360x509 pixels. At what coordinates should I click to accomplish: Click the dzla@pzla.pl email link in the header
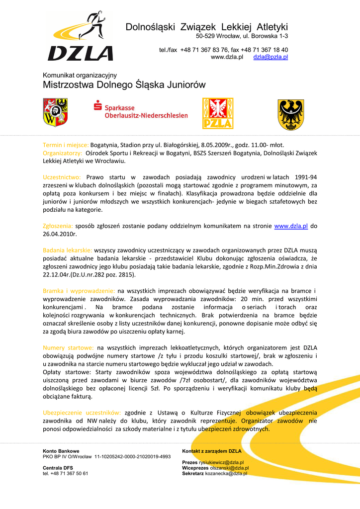pyautogui.click(x=270, y=57)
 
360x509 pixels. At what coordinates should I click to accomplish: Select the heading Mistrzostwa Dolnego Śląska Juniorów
pyautogui.click(x=124, y=85)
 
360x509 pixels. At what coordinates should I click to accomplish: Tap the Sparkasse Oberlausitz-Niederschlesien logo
pyautogui.click(x=141, y=110)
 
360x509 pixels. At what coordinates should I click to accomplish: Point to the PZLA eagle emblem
pyautogui.click(x=217, y=113)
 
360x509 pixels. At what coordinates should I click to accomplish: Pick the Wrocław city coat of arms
pyautogui.click(x=55, y=112)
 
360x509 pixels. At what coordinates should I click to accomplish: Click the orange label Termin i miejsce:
pyautogui.click(x=66, y=145)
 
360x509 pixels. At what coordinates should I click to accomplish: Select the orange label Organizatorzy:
pyautogui.click(x=63, y=153)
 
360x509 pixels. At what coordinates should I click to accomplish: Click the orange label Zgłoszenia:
pyautogui.click(x=58, y=226)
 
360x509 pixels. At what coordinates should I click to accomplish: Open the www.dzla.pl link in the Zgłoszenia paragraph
pyautogui.click(x=291, y=226)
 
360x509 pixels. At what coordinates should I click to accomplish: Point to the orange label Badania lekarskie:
pyautogui.click(x=67, y=251)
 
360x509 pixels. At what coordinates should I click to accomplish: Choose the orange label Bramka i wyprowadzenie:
pyautogui.click(x=79, y=291)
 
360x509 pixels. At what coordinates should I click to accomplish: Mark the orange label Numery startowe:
pyautogui.click(x=68, y=348)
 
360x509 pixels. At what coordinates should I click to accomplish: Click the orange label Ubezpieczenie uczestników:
pyautogui.click(x=82, y=413)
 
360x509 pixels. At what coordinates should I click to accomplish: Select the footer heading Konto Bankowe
pyautogui.click(x=61, y=451)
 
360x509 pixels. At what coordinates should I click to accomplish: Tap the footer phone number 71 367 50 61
pyautogui.click(x=69, y=473)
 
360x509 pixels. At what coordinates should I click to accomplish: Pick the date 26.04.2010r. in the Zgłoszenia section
pyautogui.click(x=60, y=234)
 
